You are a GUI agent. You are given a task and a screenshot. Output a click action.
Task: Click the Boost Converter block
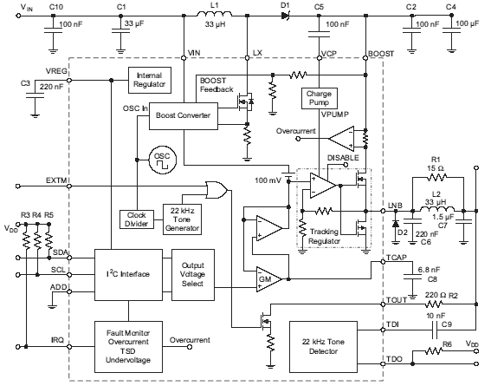184,116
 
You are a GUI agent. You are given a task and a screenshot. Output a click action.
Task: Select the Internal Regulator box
150,80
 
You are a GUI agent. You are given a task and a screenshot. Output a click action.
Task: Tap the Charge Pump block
319,98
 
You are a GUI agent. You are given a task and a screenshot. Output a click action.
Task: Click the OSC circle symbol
163,160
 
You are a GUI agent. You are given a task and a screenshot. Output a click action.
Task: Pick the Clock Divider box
137,219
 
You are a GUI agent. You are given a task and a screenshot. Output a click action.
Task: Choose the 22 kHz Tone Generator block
182,219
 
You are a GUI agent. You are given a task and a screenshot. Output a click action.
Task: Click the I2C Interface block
128,275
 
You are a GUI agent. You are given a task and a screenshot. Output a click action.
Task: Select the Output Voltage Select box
193,275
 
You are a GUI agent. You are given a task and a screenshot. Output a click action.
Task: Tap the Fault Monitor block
128,346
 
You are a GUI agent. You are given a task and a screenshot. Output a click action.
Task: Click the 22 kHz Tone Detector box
323,346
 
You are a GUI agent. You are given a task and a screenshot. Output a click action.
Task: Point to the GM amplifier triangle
268,279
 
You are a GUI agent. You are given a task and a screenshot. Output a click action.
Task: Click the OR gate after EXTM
216,189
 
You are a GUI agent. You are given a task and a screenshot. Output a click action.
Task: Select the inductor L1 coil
215,14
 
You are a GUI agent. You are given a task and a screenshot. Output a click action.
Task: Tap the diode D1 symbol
285,16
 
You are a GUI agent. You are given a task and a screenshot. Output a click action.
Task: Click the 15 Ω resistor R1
437,178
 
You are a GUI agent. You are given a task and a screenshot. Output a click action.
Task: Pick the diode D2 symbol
396,224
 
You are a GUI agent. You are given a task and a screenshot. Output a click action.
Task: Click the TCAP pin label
397,258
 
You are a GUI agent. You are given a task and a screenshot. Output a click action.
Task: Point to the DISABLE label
343,157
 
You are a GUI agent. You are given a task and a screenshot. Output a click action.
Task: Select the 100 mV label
268,180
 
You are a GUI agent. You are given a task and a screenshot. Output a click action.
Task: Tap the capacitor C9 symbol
435,330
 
